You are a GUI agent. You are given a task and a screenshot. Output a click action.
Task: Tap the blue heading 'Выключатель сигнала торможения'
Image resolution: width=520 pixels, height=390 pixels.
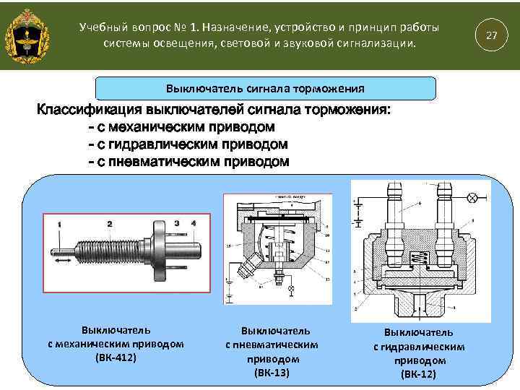pyautogui.click(x=266, y=89)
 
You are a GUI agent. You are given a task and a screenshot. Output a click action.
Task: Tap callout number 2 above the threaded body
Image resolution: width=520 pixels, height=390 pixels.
pyautogui.click(x=109, y=224)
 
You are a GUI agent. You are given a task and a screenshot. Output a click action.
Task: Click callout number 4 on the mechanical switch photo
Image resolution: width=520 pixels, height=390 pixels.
pyautogui.click(x=194, y=224)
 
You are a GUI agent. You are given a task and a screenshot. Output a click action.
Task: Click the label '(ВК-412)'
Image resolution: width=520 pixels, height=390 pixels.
pyautogui.click(x=116, y=357)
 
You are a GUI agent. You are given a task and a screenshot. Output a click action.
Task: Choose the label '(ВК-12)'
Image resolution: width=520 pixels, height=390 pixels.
pyautogui.click(x=419, y=374)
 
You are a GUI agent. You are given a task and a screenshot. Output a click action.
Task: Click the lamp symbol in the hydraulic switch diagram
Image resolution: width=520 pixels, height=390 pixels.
pyautogui.click(x=472, y=197)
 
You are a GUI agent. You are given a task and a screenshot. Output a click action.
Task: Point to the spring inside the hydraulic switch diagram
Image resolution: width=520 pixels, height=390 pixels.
pyautogui.click(x=417, y=258)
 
